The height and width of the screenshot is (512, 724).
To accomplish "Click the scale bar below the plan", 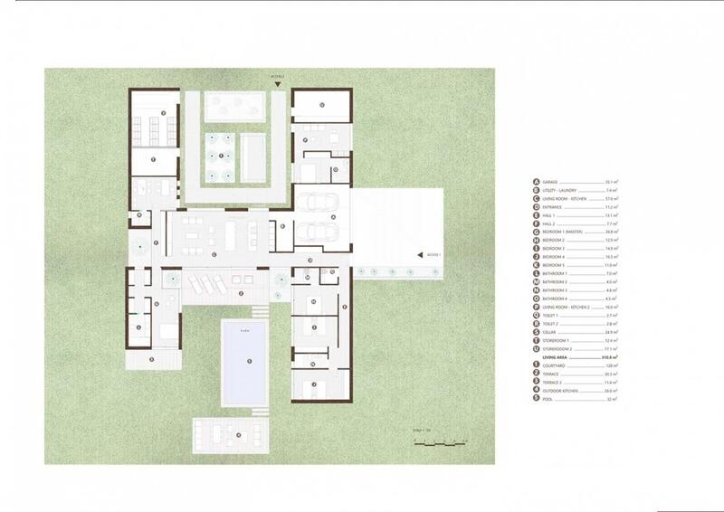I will pos(440,443).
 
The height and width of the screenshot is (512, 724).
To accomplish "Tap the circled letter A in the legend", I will pos(537,181).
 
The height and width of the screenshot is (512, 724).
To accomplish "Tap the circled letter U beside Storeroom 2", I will pos(537,348).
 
